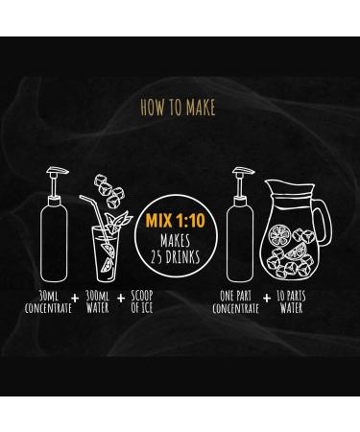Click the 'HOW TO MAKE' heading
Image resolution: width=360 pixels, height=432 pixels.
(178, 108)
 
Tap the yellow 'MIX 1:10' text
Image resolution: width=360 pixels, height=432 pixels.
(176, 221)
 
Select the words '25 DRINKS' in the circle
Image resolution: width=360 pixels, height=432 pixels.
(176, 256)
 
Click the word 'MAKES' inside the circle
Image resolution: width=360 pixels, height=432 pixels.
(175, 241)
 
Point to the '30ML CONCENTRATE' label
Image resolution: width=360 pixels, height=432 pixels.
(48, 301)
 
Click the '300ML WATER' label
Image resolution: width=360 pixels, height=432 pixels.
(98, 301)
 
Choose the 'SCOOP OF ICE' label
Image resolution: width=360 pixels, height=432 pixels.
(142, 301)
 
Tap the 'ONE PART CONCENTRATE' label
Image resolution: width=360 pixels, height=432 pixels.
(235, 301)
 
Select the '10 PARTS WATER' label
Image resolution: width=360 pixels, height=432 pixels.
(291, 301)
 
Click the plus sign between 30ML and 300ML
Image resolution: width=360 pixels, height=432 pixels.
(75, 299)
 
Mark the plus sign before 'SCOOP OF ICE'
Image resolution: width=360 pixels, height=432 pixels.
(121, 299)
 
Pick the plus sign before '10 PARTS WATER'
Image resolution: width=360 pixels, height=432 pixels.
(267, 299)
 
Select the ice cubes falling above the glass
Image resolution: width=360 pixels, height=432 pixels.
(109, 190)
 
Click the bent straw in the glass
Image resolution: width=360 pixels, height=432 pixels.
(96, 218)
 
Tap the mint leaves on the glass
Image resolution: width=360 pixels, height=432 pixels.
(118, 222)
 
